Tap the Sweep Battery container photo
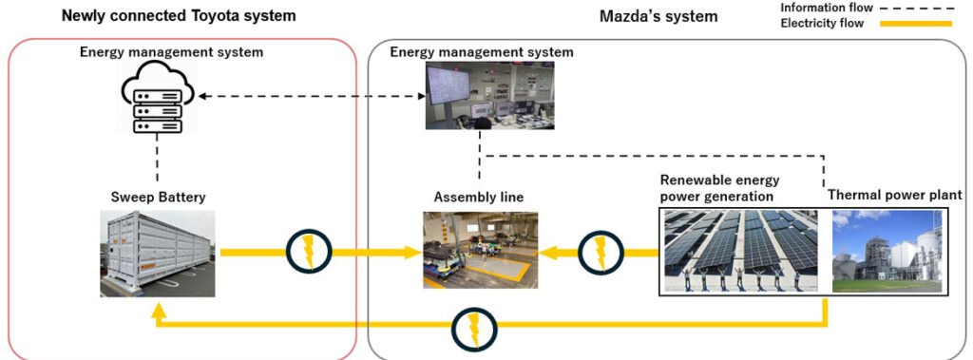157,254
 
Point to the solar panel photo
741,251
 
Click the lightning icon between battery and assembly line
308,252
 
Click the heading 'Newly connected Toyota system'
179,16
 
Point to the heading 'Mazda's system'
658,16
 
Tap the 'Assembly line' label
479,197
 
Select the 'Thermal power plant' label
896,194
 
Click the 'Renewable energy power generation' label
720,188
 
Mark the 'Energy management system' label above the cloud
171,51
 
